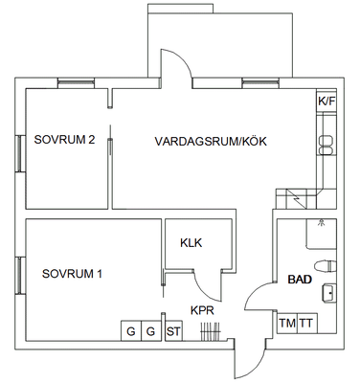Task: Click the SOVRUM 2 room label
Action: pyautogui.click(x=64, y=140)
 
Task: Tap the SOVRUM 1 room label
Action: pyautogui.click(x=72, y=274)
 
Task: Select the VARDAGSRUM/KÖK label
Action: pyautogui.click(x=211, y=141)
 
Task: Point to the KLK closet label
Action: pyautogui.click(x=191, y=243)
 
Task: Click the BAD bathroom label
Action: pyautogui.click(x=300, y=280)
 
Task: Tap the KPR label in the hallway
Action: pyautogui.click(x=202, y=310)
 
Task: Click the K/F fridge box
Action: pyautogui.click(x=326, y=101)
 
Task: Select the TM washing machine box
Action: pyautogui.click(x=287, y=324)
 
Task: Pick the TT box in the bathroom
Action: pyautogui.click(x=307, y=324)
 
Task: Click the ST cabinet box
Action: pyautogui.click(x=173, y=331)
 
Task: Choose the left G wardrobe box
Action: pyautogui.click(x=131, y=331)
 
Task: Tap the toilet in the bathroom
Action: pyautogui.click(x=326, y=266)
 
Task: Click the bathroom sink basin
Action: pyautogui.click(x=329, y=292)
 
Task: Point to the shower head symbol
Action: pyautogui.click(x=321, y=223)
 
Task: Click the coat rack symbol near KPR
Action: pyautogui.click(x=211, y=332)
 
